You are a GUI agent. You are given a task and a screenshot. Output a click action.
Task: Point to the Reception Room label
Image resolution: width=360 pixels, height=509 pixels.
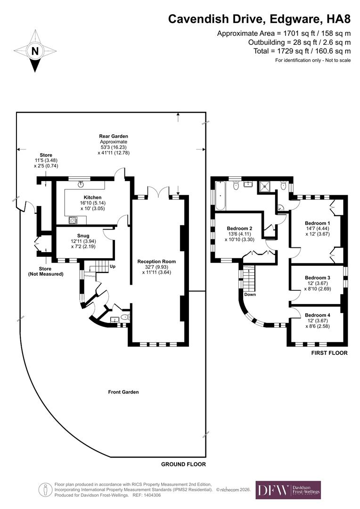[x=156, y=261]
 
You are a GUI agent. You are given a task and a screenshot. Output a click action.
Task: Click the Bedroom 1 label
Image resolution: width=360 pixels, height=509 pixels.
[x=317, y=223]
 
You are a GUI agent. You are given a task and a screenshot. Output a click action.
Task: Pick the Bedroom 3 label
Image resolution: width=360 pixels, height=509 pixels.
[x=317, y=278]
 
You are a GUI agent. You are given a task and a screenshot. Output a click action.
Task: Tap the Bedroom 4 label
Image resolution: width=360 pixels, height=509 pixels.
[x=317, y=315]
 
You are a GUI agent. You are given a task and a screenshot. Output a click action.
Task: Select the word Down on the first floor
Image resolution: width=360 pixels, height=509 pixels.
[x=250, y=295]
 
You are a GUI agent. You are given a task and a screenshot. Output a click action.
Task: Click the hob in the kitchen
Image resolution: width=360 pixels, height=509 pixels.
[x=74, y=220]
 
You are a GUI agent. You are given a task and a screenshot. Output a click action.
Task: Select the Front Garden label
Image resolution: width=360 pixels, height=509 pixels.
[x=123, y=392]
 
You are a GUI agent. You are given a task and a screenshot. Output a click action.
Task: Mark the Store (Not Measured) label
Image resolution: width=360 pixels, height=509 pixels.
[x=45, y=271]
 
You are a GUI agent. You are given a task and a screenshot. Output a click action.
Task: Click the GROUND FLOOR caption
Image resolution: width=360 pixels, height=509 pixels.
[x=183, y=464]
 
